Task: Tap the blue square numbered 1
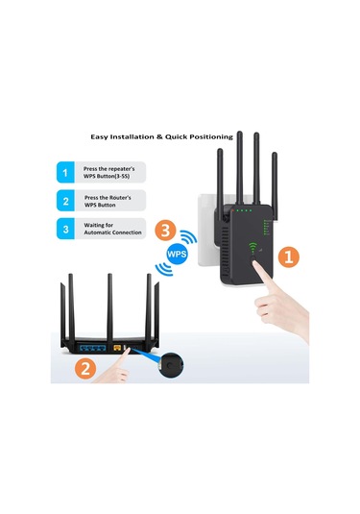click(66, 173)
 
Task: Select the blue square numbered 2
click(66, 201)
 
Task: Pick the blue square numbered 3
click(66, 230)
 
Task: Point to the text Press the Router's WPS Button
click(115, 201)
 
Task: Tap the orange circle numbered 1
click(290, 257)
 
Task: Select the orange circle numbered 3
click(164, 231)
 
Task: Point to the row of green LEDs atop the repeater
click(246, 211)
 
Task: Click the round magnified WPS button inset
click(172, 366)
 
